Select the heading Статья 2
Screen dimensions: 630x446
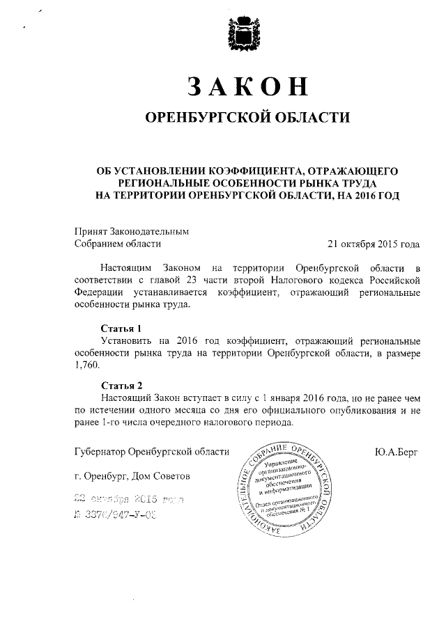point(121,385)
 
